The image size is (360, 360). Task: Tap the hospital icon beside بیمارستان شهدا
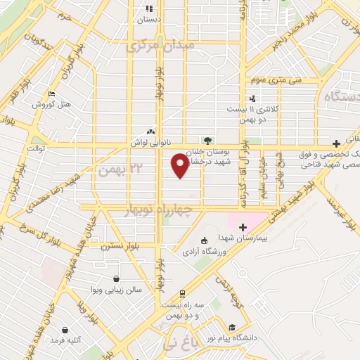(243, 227)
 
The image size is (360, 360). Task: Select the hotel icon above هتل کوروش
(51, 94)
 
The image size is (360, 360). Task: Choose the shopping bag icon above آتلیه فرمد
(65, 330)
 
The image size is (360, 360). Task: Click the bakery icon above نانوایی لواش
(150, 131)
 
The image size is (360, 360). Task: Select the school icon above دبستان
(149, 8)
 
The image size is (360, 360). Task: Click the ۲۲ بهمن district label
(116, 170)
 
